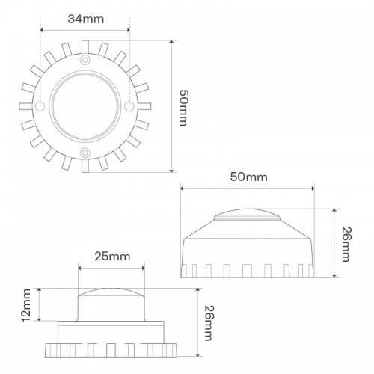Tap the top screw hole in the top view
85,58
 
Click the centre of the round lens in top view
85,105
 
